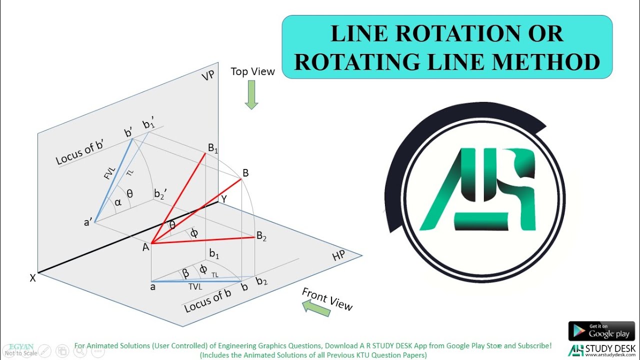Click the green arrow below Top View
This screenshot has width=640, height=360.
251,94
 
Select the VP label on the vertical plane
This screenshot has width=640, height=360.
208,76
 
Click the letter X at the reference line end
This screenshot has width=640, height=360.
33,278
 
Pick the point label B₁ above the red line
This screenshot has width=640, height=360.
213,148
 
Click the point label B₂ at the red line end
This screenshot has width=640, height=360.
261,236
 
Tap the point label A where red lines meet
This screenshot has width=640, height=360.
146,246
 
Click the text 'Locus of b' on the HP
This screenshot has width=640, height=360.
207,301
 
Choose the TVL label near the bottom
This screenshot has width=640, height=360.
195,287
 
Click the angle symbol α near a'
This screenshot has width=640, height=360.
118,202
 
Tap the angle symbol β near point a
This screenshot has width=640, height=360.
185,273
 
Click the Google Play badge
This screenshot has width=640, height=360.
601,331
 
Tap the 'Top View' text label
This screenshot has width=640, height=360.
252,71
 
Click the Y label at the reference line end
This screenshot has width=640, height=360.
224,199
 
